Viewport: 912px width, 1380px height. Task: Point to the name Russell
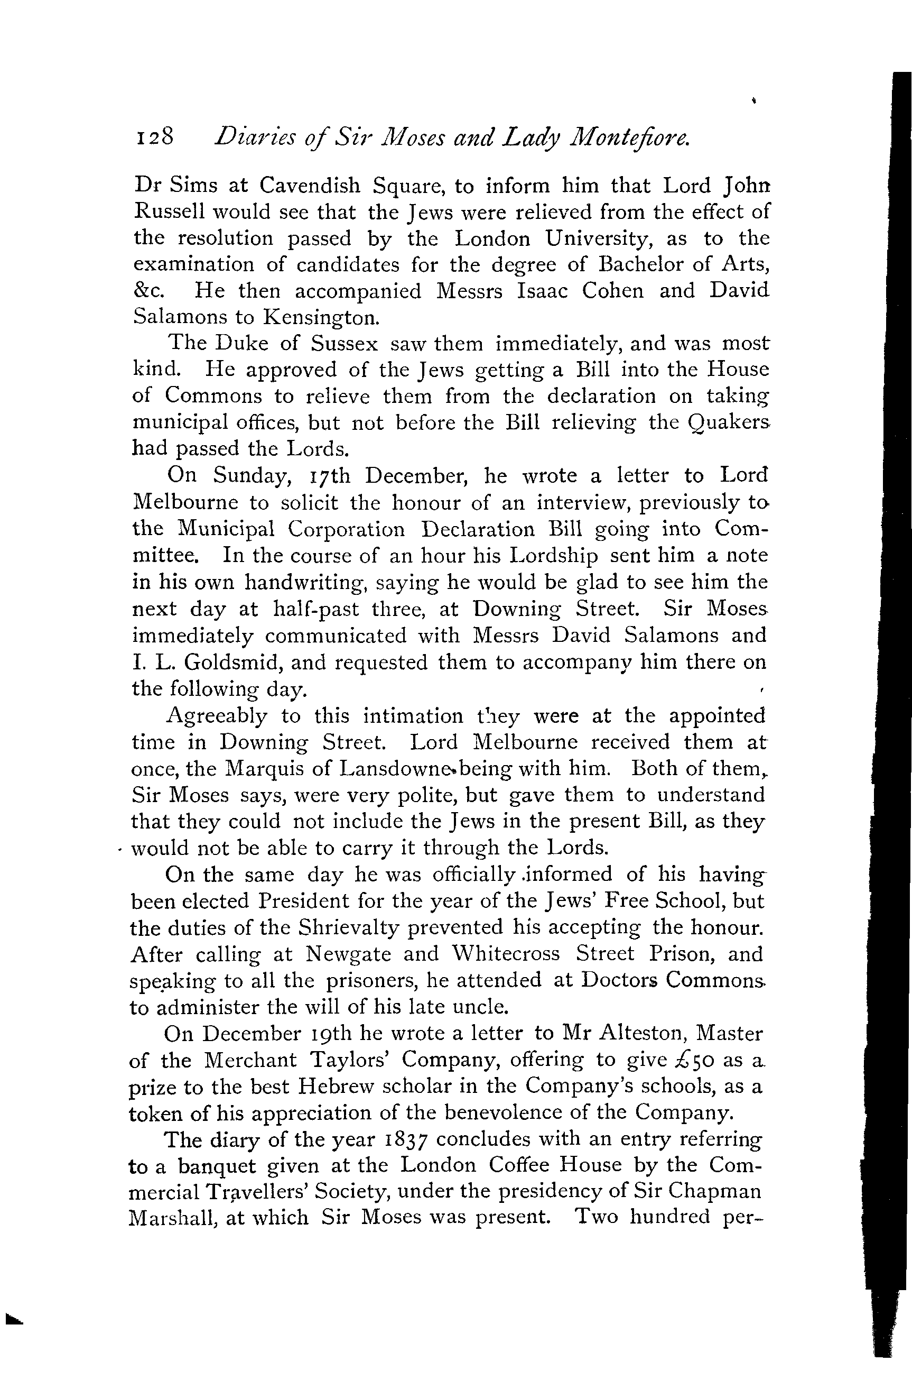pyautogui.click(x=169, y=212)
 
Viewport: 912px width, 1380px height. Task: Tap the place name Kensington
pyautogui.click(x=321, y=318)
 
